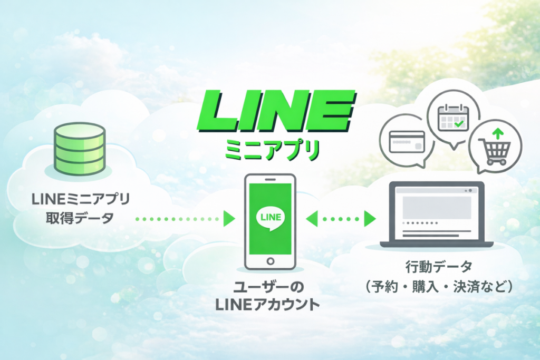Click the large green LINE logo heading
pyautogui.click(x=276, y=113)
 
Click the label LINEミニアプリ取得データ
pyautogui.click(x=80, y=208)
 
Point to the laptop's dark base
pyautogui.click(x=436, y=244)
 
